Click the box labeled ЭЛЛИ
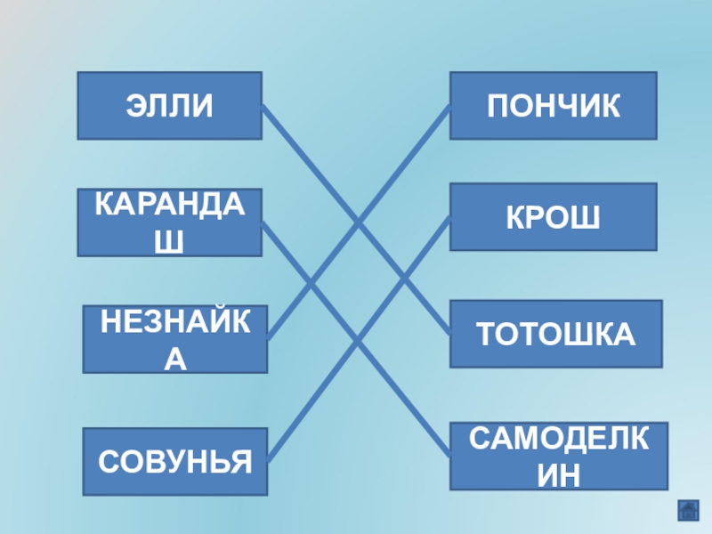pyautogui.click(x=169, y=106)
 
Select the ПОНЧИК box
pyautogui.click(x=553, y=106)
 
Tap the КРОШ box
pyautogui.click(x=553, y=216)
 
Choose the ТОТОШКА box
pyautogui.click(x=555, y=334)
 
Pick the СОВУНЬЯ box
pyautogui.click(x=175, y=461)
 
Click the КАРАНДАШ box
pyautogui.click(x=169, y=222)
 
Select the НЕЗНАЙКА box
pyautogui.click(x=175, y=339)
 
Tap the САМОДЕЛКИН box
pyautogui.click(x=558, y=456)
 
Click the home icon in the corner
pyautogui.click(x=687, y=510)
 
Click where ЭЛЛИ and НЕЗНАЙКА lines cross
pyautogui.click(x=358, y=221)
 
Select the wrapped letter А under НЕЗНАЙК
pyautogui.click(x=175, y=359)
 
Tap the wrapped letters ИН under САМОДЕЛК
pyautogui.click(x=558, y=475)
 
